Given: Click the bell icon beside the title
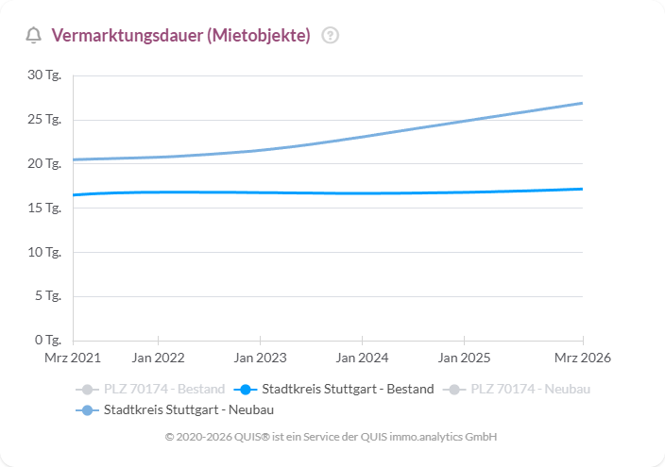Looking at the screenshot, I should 34,36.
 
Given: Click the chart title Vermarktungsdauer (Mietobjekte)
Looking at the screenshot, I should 180,36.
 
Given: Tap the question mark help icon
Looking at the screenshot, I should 330,36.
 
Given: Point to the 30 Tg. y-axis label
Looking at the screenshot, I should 44,75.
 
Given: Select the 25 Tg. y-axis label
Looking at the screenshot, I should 44,120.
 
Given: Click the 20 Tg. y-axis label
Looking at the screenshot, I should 44,163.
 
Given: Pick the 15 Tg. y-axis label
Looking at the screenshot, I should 44,208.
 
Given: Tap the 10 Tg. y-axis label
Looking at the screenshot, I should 44,252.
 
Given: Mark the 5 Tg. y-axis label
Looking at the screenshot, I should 47,296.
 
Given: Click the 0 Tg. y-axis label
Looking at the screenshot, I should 47,340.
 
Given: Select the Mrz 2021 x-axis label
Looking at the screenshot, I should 73,358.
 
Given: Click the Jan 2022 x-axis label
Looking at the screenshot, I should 158,358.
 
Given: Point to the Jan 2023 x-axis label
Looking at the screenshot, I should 260,358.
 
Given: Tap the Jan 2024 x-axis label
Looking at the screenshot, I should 362,358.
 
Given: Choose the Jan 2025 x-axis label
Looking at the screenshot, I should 464,358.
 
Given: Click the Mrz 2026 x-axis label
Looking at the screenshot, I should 583,358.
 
